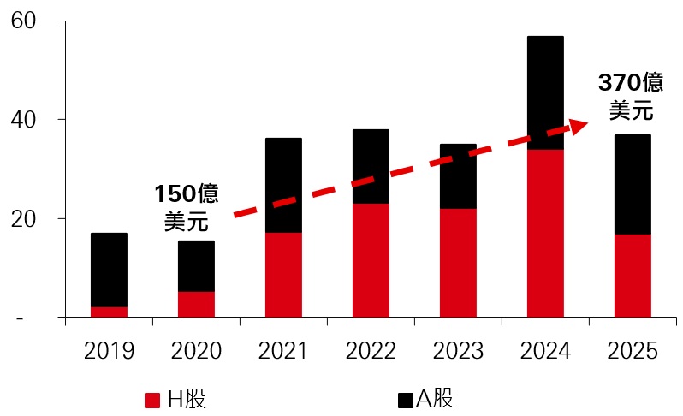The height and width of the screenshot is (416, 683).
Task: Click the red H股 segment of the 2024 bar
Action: point(545,233)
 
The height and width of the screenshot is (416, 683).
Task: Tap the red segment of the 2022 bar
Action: point(371,260)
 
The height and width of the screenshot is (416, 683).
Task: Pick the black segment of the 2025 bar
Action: point(633,184)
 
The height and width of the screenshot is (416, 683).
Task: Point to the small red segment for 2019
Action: point(109,312)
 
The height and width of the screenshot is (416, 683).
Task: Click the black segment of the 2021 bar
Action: point(283,185)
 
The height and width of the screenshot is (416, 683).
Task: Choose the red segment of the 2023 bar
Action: point(458,263)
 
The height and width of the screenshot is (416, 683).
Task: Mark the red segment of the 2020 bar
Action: point(196,304)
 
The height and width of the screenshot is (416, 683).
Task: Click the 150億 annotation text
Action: point(185,193)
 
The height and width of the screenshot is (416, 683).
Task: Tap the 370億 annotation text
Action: point(631,83)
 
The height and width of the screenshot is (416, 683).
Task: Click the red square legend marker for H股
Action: point(152,400)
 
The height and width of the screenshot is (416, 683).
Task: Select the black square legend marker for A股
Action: point(406,400)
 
